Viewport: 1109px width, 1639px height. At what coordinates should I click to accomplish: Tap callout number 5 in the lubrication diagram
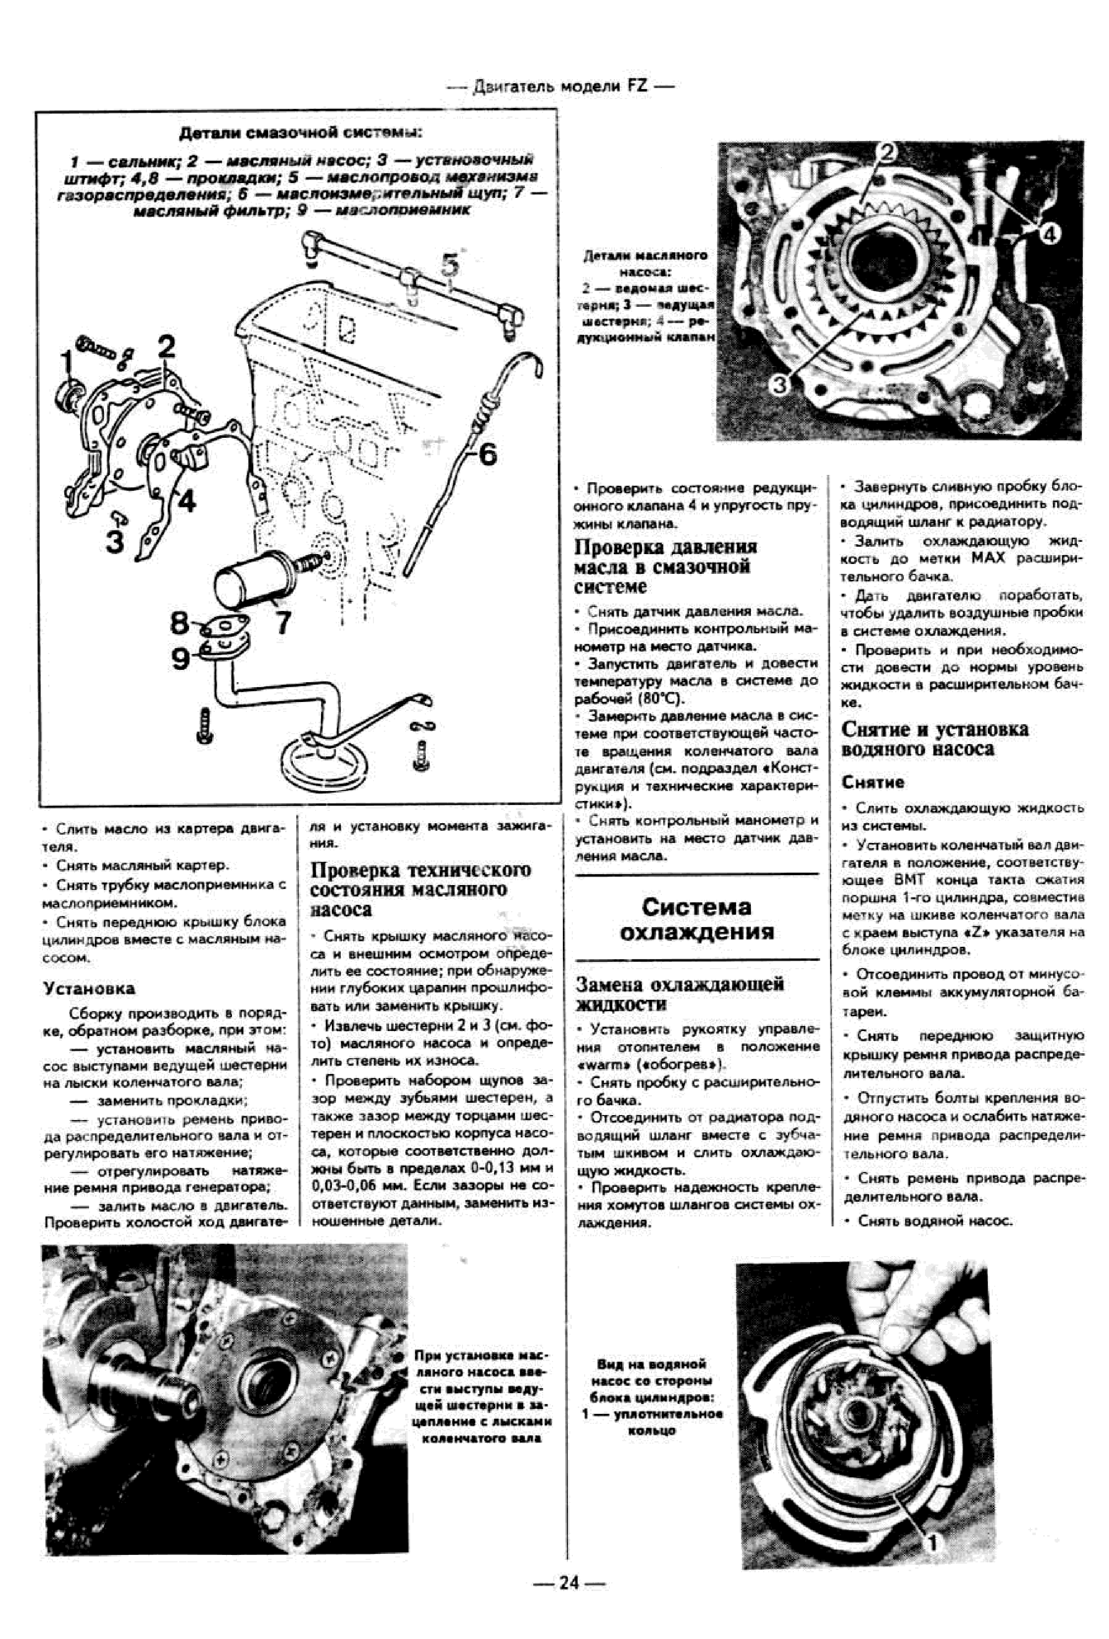click(x=449, y=265)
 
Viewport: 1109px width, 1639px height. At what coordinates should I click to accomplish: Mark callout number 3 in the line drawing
click(x=115, y=541)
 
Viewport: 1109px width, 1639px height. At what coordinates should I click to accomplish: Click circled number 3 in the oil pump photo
click(x=779, y=384)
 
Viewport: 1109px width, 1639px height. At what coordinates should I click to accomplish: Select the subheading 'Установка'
click(x=89, y=988)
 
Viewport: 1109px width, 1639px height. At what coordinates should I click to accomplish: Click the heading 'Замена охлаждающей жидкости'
click(x=680, y=993)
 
